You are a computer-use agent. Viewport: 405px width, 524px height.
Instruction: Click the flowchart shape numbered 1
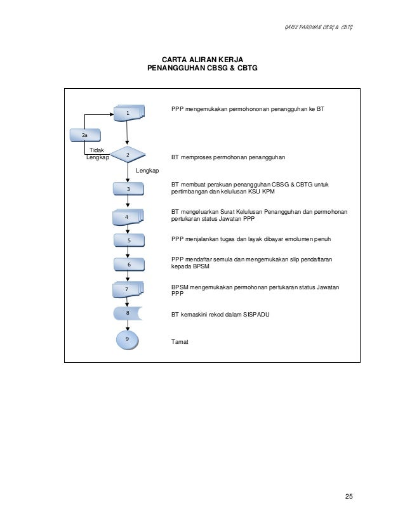tap(128, 113)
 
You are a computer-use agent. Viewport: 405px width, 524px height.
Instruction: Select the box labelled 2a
tap(84, 135)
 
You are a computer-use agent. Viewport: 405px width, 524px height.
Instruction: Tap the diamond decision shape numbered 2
tap(128, 155)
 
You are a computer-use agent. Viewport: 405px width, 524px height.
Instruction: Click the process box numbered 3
tap(128, 188)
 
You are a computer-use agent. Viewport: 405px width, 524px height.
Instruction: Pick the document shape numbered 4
tap(128, 217)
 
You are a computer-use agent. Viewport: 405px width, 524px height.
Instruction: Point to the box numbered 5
tap(128, 240)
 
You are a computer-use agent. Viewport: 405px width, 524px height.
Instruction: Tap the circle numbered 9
tap(128, 339)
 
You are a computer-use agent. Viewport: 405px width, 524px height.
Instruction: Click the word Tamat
tap(180, 342)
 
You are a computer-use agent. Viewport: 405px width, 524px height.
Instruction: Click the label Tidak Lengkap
tap(97, 154)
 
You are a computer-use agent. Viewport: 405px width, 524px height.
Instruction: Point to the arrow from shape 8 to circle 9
tap(128, 324)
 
